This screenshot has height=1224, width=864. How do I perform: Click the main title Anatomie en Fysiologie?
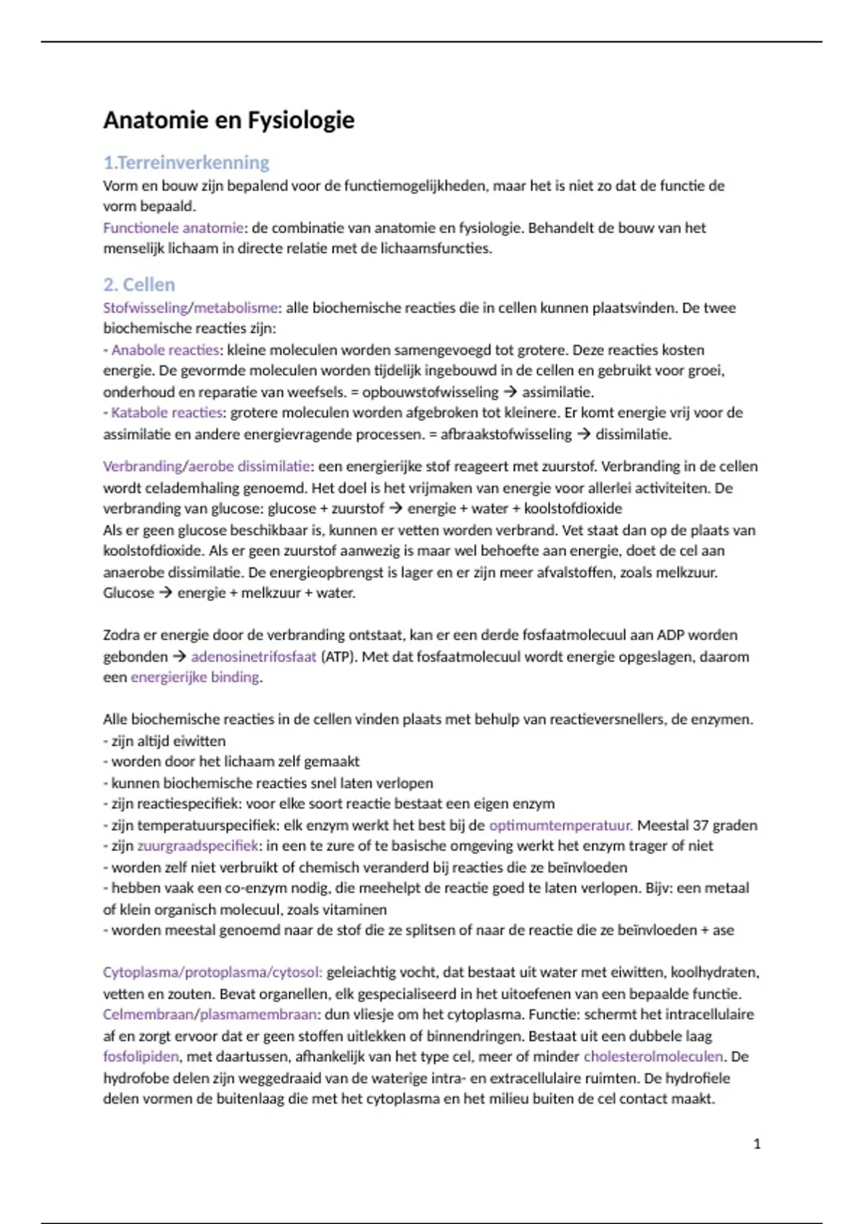coord(228,120)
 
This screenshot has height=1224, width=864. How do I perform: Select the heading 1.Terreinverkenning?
coord(186,163)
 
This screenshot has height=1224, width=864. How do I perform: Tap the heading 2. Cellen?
coord(139,284)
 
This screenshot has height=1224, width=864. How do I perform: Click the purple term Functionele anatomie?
coord(173,228)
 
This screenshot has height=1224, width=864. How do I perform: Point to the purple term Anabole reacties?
coord(165,351)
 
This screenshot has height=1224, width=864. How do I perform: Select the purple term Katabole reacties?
coord(166,413)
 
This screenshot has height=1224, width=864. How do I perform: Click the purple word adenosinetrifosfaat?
coord(253,657)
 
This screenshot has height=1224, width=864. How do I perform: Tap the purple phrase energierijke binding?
coord(194,678)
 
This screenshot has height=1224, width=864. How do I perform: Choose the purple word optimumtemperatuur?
coord(560,825)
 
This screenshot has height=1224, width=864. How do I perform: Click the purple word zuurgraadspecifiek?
coord(197,846)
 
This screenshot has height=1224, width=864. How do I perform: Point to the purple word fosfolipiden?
coord(141,1057)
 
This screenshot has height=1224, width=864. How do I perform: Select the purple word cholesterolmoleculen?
coord(653,1057)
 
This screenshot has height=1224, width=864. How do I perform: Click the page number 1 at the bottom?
coord(757,1144)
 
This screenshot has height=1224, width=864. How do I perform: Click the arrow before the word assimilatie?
coord(510,392)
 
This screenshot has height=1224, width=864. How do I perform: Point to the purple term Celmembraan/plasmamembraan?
coord(210,1014)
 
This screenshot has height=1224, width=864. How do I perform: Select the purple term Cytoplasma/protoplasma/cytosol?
coord(212,973)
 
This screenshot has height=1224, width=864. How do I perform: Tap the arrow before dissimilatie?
coord(583,434)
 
